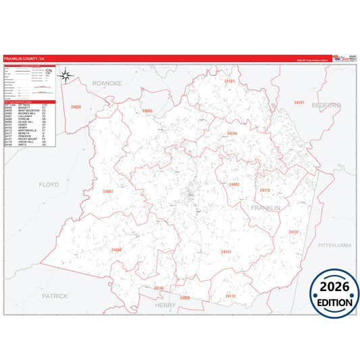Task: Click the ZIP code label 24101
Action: [x=229, y=81]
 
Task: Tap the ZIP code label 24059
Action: [x=76, y=107]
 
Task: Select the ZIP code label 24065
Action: [x=147, y=111]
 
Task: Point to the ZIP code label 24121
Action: [x=299, y=103]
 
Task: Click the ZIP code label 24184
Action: [x=232, y=134]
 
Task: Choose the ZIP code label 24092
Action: [x=234, y=184]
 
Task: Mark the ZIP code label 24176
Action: [x=265, y=190]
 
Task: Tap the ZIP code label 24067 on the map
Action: [x=108, y=192]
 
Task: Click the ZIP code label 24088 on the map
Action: [x=117, y=250]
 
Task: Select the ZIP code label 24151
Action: [x=226, y=252]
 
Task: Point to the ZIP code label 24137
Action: [x=294, y=232]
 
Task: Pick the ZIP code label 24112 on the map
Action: [x=230, y=296]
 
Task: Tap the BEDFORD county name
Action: [x=326, y=105]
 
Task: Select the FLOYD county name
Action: [x=49, y=184]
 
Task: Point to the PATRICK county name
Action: [x=55, y=296]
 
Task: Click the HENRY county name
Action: [x=165, y=305]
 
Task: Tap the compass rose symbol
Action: [x=68, y=76]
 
